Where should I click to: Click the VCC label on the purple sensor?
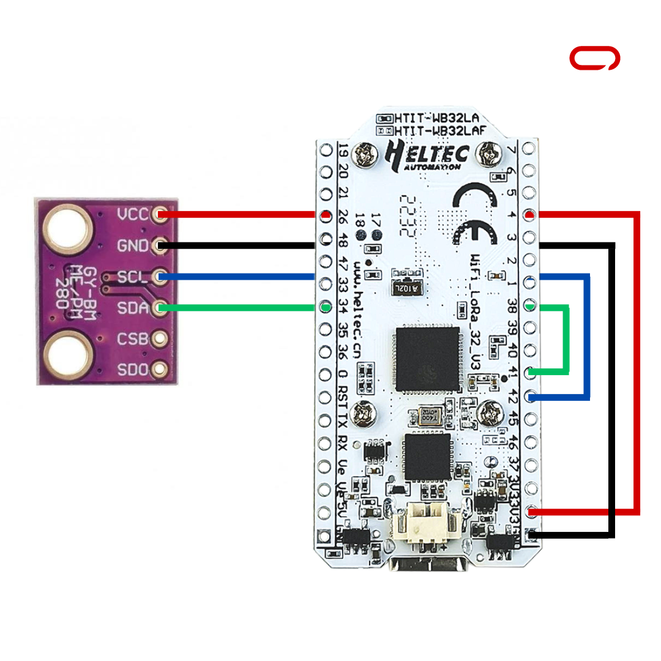coord(132,214)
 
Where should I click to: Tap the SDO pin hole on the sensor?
coord(160,369)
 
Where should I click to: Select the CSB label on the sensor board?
coord(132,338)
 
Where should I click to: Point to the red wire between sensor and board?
coord(239,214)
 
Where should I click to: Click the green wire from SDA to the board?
coord(239,307)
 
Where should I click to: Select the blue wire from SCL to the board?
coord(239,277)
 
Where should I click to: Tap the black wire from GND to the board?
coord(239,246)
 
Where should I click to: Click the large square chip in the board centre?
coord(427,359)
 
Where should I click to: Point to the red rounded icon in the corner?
coord(594,59)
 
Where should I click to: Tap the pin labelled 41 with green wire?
coord(532,372)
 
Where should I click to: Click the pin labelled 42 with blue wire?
coord(532,397)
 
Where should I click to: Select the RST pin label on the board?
coord(343,397)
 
